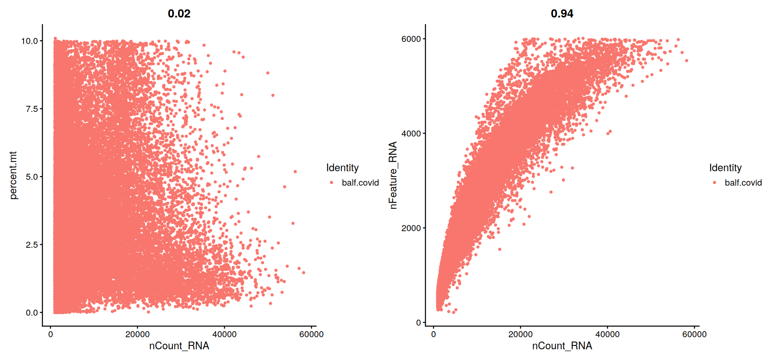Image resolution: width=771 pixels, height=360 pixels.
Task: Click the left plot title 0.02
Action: (179, 14)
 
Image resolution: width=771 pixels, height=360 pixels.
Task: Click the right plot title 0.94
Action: (562, 14)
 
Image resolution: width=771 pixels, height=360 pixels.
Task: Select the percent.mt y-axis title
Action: (13, 175)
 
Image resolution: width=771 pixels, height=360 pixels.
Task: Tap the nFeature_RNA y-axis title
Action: (393, 175)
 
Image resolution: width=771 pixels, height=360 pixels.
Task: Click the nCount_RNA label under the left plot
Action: (179, 346)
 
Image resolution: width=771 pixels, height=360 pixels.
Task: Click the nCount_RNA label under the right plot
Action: (562, 346)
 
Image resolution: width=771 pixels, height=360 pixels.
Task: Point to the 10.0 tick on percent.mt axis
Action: (30, 41)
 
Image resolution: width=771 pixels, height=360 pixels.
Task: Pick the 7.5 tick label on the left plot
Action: (32, 109)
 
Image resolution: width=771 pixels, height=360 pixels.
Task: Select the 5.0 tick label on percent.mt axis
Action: (32, 177)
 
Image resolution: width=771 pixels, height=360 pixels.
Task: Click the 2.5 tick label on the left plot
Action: (32, 245)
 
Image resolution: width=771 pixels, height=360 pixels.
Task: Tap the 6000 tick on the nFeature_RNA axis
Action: (411, 39)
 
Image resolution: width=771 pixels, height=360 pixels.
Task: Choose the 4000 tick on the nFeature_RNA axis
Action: (411, 134)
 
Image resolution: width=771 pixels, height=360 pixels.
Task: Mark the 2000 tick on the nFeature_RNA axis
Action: (411, 228)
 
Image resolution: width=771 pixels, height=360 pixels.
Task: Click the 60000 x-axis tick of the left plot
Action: (311, 334)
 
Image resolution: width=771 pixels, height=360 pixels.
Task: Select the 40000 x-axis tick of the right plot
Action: (607, 334)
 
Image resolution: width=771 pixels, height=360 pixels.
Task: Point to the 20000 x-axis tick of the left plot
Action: (137, 334)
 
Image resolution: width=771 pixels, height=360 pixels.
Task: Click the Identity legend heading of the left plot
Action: (342, 168)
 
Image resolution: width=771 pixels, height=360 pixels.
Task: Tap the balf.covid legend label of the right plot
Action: (743, 183)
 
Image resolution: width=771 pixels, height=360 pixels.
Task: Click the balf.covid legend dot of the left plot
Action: (332, 183)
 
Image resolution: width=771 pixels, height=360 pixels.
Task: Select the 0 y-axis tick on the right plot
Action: (418, 323)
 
